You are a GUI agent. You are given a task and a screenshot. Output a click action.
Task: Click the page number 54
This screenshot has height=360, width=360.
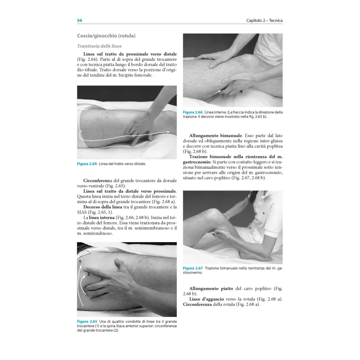80,20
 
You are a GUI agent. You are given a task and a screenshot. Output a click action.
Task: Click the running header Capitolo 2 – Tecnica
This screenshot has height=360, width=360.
264,20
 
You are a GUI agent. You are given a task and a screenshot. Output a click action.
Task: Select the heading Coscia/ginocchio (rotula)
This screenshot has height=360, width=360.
106,36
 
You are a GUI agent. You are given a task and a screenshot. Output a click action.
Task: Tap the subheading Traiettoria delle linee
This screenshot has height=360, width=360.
99,46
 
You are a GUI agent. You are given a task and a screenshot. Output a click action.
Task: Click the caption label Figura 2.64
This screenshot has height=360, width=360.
87,164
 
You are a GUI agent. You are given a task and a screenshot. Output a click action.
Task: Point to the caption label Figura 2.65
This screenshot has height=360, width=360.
87,321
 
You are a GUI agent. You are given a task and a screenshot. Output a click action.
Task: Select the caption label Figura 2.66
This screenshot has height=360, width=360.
193,112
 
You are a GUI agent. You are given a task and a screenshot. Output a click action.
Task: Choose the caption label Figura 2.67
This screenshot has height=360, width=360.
193,268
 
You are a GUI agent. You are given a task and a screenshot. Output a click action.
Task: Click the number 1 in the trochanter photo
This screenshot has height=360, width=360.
80,261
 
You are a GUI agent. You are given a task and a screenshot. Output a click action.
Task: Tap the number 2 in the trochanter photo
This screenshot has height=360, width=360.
88,274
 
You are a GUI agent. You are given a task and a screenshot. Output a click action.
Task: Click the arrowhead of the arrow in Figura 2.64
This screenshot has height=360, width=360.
168,132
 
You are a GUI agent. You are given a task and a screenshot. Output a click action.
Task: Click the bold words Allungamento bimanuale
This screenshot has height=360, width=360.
216,136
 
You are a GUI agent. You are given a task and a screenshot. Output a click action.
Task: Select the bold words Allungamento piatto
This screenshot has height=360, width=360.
211,288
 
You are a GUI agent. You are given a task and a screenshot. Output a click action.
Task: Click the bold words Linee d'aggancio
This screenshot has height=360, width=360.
207,299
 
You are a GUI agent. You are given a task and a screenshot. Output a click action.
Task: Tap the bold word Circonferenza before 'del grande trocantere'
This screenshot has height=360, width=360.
98,181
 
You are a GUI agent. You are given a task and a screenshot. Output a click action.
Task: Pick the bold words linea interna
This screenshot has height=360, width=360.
102,218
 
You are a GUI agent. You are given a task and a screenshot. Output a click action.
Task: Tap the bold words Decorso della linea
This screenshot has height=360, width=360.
103,207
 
